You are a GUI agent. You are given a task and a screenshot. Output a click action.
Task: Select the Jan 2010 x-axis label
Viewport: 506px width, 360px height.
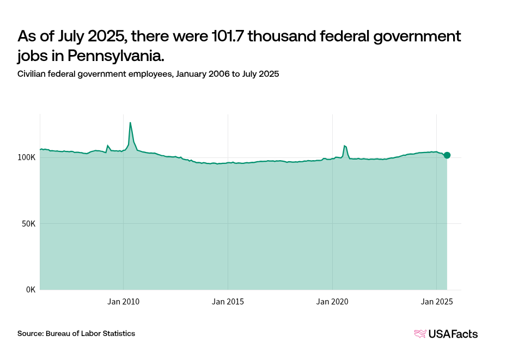click(124, 301)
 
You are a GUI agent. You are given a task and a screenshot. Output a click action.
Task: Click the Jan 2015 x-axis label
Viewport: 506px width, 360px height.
click(228, 301)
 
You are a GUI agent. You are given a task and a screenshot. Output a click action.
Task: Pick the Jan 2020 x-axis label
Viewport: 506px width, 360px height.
click(332, 301)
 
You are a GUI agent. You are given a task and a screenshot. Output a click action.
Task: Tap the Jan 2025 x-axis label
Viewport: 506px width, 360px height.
click(437, 301)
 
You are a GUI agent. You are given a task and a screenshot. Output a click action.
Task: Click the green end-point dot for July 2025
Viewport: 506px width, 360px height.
click(447, 155)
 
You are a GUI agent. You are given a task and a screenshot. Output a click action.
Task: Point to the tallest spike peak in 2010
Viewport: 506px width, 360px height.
click(130, 123)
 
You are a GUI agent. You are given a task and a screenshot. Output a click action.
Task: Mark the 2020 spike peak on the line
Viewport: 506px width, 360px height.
click(345, 146)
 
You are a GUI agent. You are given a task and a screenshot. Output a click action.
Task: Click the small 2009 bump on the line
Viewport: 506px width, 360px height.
click(107, 145)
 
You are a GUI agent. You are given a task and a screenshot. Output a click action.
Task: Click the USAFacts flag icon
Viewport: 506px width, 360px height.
click(420, 334)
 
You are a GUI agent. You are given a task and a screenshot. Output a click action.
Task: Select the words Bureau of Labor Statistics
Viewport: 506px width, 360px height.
click(90, 333)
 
